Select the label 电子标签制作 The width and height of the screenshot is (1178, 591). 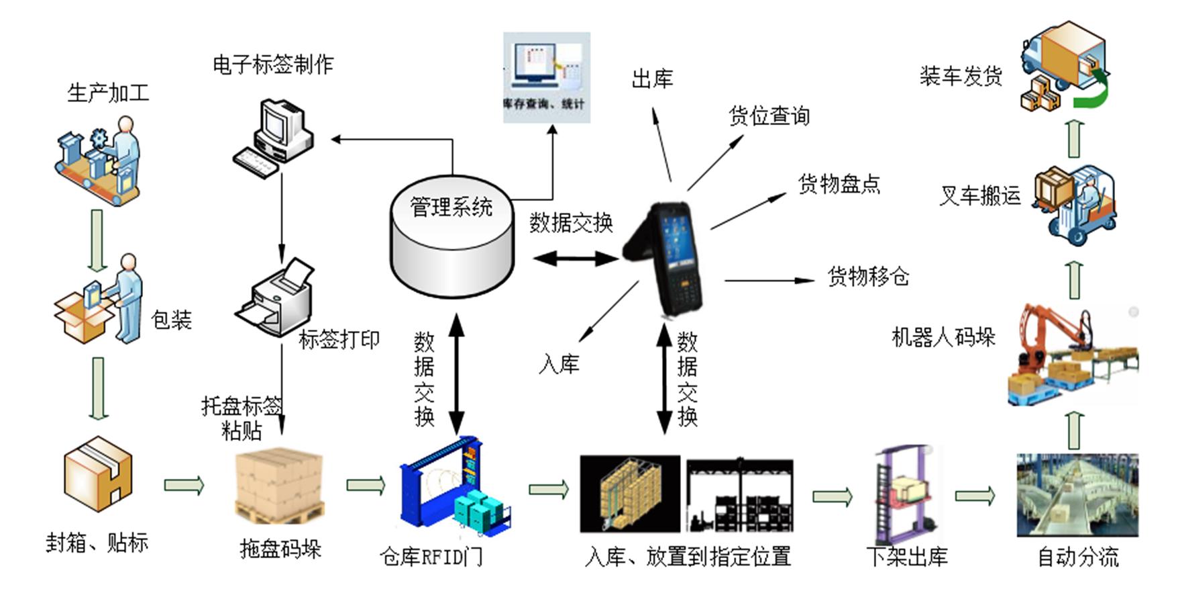273,64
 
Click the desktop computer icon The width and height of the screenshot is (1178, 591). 273,138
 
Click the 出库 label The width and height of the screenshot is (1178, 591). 652,79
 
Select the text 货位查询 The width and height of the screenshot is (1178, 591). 769,116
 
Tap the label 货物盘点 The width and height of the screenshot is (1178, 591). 839,184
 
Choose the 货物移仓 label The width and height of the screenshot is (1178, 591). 868,276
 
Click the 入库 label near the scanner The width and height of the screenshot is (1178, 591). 559,365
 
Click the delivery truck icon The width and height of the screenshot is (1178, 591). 1063,67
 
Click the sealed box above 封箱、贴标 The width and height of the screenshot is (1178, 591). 98,474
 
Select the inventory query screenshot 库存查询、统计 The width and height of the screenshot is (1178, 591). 547,77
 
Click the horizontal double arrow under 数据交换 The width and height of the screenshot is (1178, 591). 576,258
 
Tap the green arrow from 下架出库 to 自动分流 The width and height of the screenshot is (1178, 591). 975,496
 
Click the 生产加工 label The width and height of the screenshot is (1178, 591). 108,93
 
